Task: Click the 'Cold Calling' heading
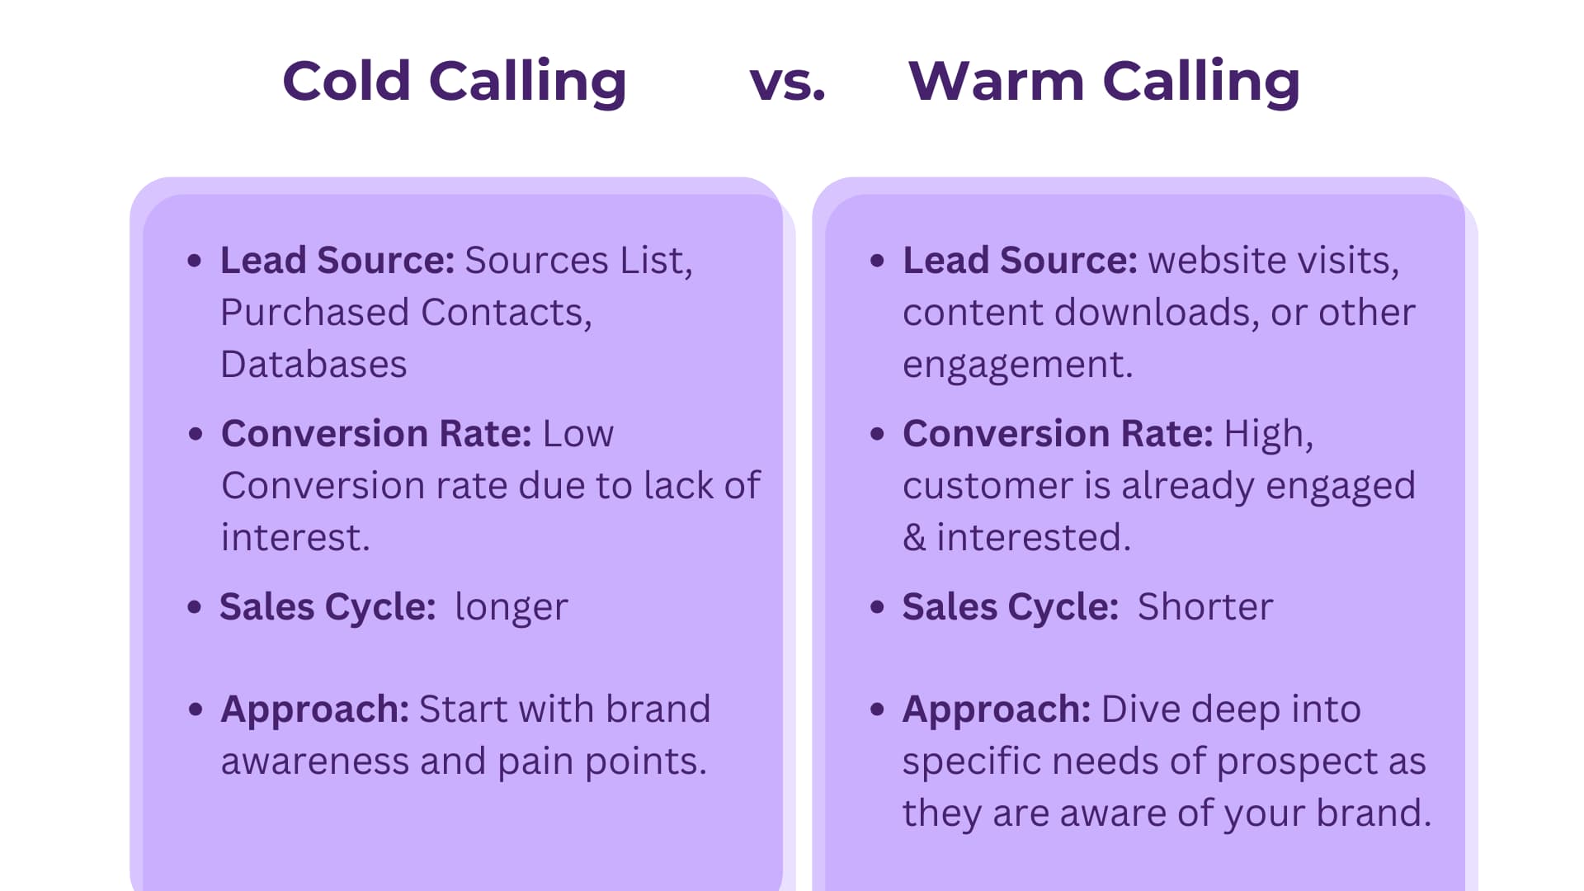click(x=455, y=82)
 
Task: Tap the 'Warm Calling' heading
click(x=1104, y=82)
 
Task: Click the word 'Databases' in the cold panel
click(x=313, y=364)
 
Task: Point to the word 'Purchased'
click(x=315, y=313)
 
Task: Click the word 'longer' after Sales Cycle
click(x=511, y=608)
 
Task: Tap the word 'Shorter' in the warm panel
click(x=1205, y=607)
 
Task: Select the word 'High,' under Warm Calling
click(x=1269, y=435)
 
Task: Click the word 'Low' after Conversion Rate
click(x=578, y=434)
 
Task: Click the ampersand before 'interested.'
click(x=914, y=538)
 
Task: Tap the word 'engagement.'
click(x=1018, y=365)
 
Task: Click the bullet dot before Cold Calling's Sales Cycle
click(x=195, y=608)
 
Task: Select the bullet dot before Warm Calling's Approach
click(x=877, y=709)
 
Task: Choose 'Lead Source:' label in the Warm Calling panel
click(x=1021, y=261)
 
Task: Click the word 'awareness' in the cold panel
click(x=315, y=761)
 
